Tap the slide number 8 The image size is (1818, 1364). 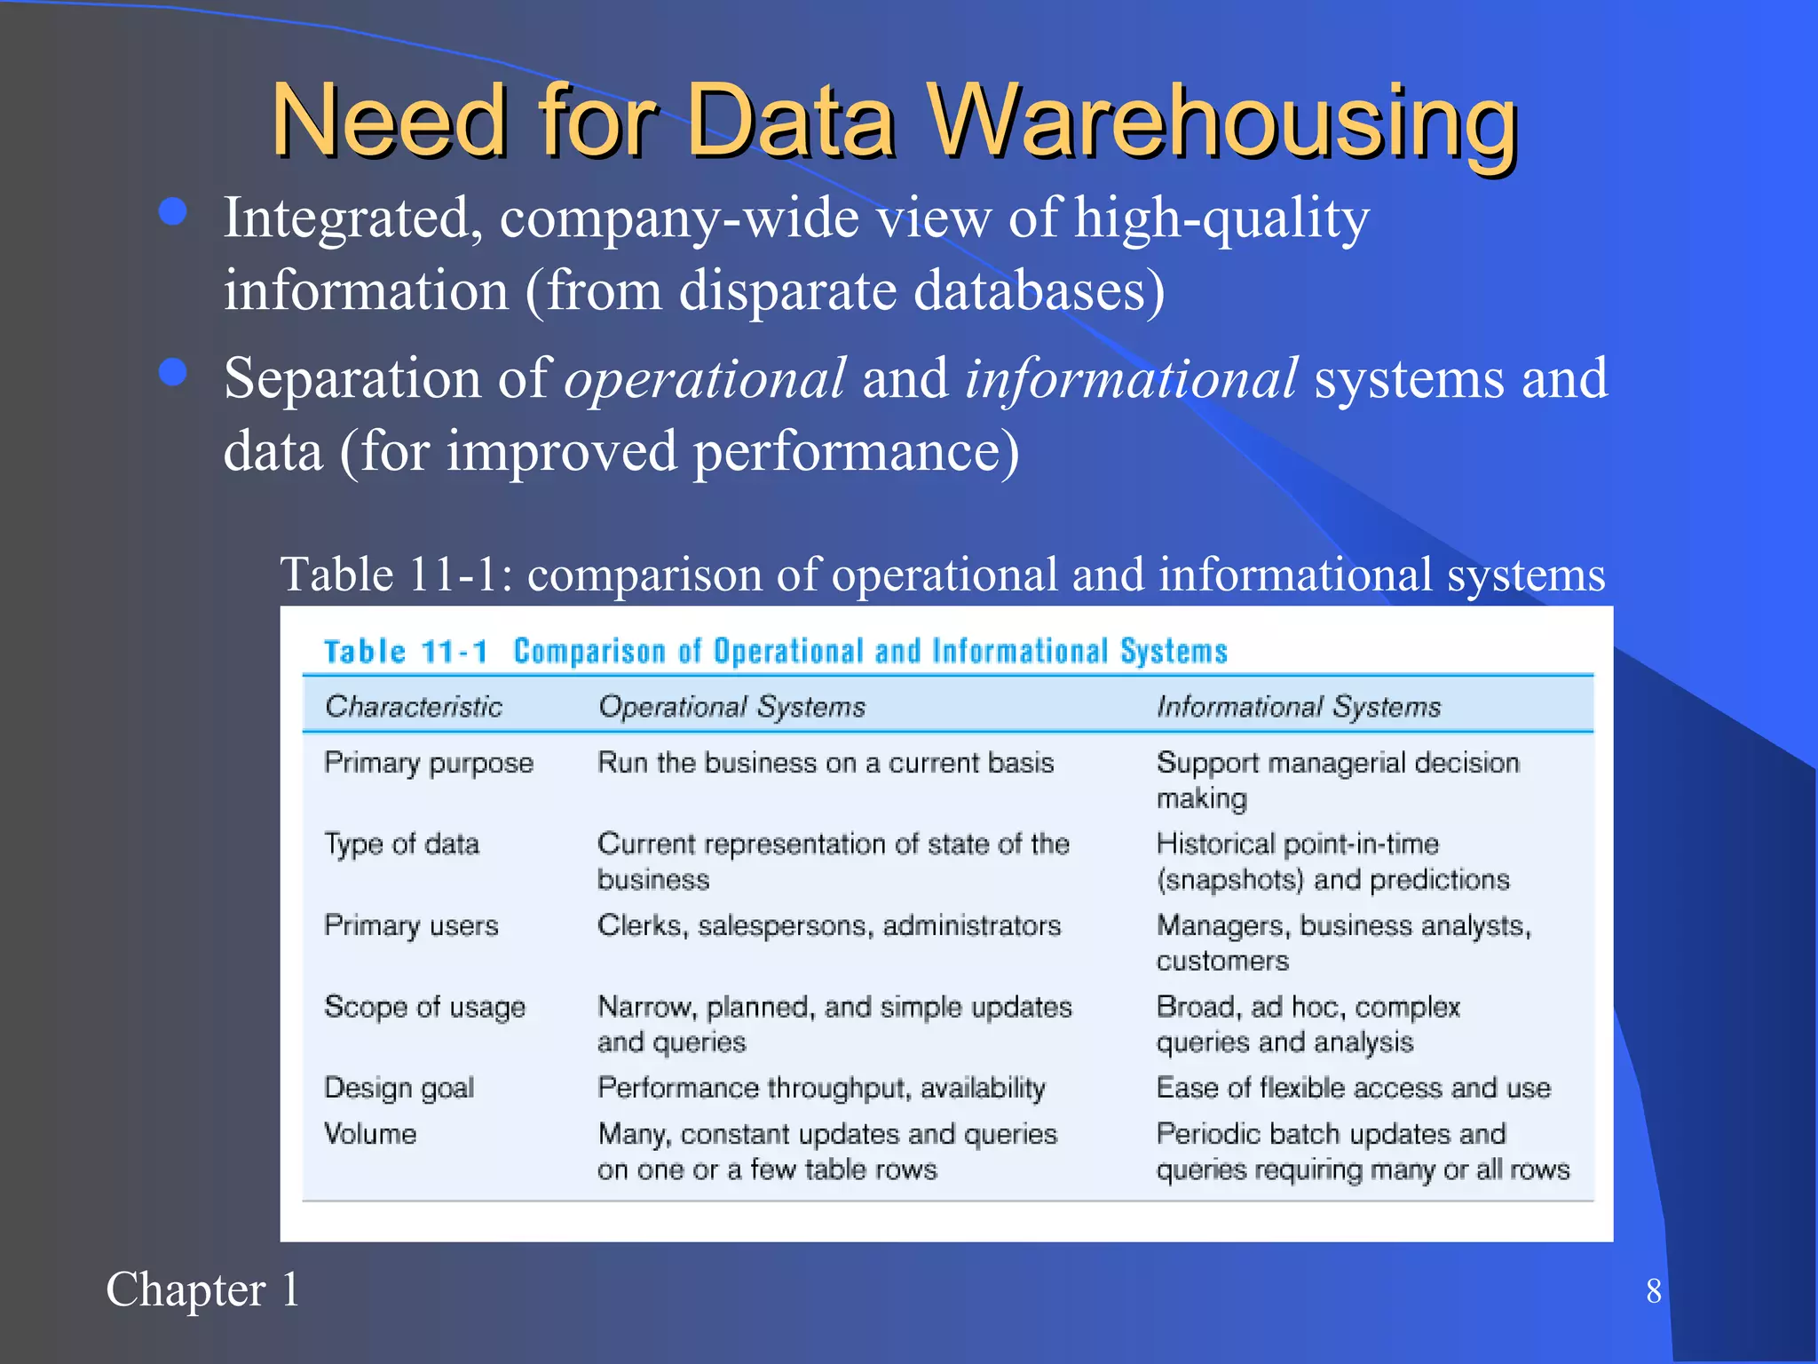(x=1653, y=1291)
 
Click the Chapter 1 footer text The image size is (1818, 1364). (x=202, y=1289)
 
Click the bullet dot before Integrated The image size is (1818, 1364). (x=172, y=212)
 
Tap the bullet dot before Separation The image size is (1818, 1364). (x=172, y=372)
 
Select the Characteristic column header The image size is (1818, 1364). (x=414, y=707)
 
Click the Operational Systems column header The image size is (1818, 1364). (x=731, y=707)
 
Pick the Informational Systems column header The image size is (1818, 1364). (x=1298, y=707)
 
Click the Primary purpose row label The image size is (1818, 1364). (x=429, y=764)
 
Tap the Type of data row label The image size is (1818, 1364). (x=401, y=845)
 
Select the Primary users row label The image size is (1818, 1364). (x=411, y=926)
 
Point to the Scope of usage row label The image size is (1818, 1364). (x=424, y=1008)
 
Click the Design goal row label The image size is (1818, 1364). (x=399, y=1089)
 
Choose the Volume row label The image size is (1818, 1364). (x=370, y=1134)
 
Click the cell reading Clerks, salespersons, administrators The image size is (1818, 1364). (x=829, y=926)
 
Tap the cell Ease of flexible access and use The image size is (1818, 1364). (x=1353, y=1089)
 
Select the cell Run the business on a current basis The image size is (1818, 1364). (x=826, y=764)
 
